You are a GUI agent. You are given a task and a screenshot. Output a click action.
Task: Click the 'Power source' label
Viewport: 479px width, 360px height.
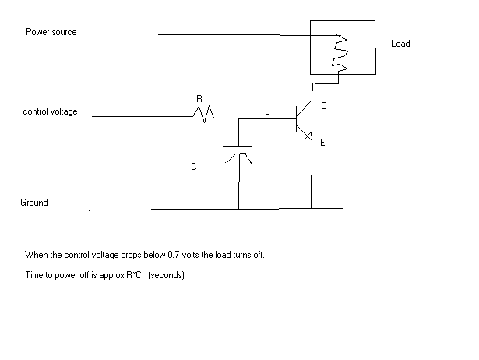[x=51, y=32]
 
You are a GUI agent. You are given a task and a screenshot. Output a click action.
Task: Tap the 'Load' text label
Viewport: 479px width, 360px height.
[x=400, y=44]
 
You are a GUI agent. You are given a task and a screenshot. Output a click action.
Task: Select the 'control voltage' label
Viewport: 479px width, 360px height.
[x=51, y=112]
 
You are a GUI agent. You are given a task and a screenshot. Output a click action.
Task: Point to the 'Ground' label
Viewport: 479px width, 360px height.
[x=34, y=203]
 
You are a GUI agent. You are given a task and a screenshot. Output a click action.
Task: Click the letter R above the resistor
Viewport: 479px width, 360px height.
[x=199, y=100]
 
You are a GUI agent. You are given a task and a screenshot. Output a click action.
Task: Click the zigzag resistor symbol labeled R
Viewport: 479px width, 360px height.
[x=204, y=116]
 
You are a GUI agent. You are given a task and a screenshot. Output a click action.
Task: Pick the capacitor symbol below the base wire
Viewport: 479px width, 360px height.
[x=238, y=152]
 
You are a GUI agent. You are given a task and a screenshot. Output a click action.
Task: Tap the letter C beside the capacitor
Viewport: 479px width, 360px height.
[x=193, y=167]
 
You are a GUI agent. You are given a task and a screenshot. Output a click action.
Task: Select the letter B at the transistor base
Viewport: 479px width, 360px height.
[x=267, y=112]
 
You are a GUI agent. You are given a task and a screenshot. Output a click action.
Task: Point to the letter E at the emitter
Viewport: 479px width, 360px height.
[x=322, y=143]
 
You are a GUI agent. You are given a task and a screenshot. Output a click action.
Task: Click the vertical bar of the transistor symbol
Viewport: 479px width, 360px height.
[x=296, y=118]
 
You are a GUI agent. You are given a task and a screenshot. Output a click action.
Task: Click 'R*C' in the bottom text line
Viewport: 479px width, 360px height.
[x=132, y=277]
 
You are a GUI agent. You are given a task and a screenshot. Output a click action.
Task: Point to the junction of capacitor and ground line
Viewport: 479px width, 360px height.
[x=238, y=210]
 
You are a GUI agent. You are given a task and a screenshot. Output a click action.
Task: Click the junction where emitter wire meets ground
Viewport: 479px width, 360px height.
[x=311, y=209]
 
